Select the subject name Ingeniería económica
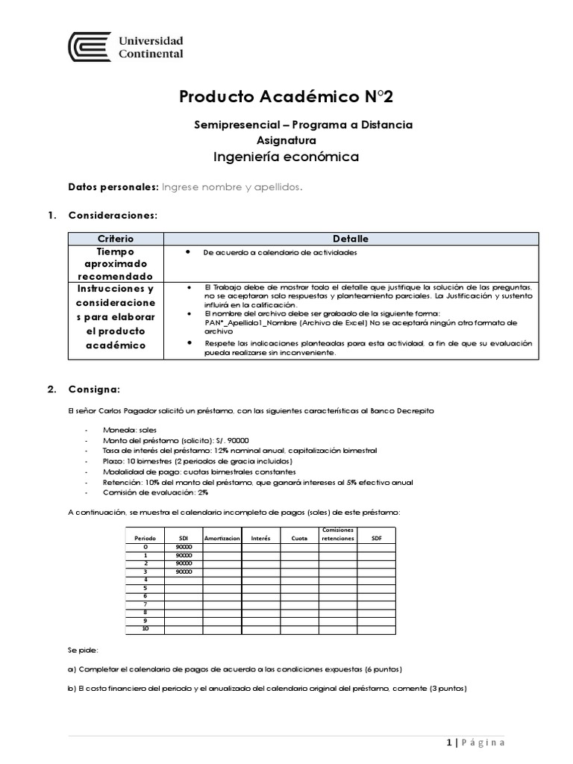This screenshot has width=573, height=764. [x=286, y=157]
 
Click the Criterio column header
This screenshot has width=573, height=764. [x=116, y=239]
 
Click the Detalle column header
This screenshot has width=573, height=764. [x=350, y=239]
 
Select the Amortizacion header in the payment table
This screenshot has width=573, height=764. [x=222, y=537]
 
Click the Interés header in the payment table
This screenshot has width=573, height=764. [x=260, y=537]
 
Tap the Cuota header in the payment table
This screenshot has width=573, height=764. [x=299, y=537]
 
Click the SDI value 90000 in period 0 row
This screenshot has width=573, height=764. [x=184, y=547]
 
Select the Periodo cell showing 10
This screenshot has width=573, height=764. [x=145, y=629]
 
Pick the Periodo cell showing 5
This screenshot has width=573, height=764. [x=145, y=588]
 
